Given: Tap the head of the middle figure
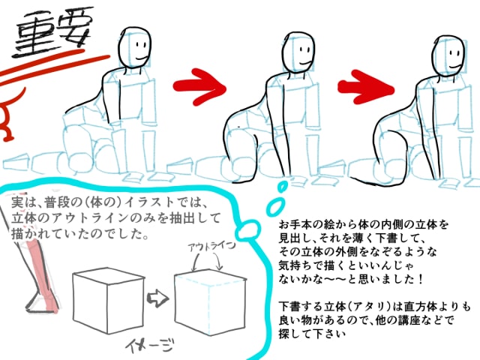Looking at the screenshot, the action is click(x=298, y=52).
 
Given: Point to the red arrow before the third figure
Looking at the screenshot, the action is click(x=366, y=87).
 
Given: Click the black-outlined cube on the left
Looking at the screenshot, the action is click(x=108, y=300).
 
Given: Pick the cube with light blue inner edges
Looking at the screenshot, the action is click(x=210, y=302).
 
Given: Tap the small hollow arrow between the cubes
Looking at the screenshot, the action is click(x=157, y=298).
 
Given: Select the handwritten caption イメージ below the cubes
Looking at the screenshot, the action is click(x=150, y=344).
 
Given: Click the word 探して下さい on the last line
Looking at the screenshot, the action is click(x=312, y=333).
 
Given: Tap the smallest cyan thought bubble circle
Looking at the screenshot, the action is click(x=282, y=186).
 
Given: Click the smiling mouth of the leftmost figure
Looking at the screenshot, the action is click(x=142, y=58).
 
